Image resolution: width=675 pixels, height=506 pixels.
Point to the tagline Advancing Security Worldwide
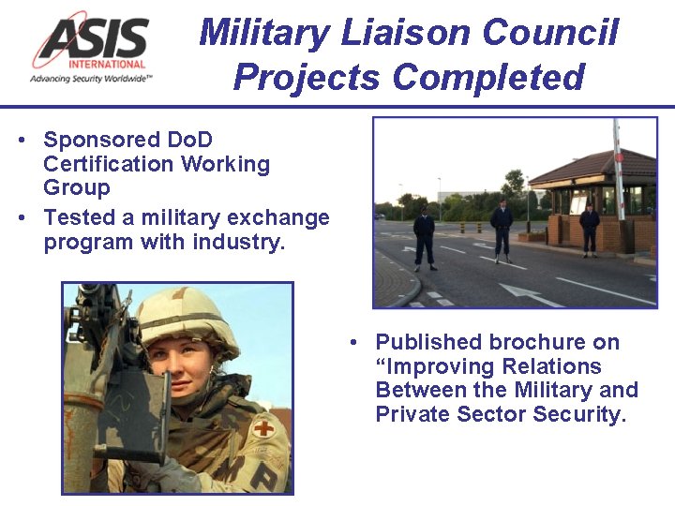pyautogui.click(x=91, y=79)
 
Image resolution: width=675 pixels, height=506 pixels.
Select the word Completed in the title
pyautogui.click(x=487, y=77)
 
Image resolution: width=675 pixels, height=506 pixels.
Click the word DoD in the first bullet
pyautogui.click(x=190, y=141)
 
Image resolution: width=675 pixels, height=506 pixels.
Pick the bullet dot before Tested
pyautogui.click(x=22, y=218)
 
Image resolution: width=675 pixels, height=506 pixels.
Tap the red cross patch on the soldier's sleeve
pyautogui.click(x=263, y=427)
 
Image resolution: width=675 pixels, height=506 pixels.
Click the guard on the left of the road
pyautogui.click(x=425, y=237)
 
